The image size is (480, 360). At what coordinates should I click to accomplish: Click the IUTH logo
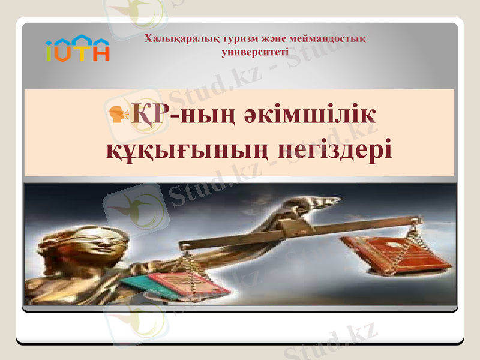tap(77, 49)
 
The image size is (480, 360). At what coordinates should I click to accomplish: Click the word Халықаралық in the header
tap(173, 40)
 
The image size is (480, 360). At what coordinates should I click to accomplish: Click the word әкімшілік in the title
tap(320, 114)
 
